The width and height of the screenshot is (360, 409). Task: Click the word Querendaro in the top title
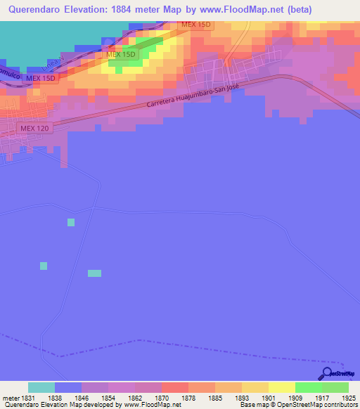[34, 9]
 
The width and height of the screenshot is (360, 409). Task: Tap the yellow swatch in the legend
[282, 387]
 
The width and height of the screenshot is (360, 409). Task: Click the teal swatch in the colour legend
[41, 387]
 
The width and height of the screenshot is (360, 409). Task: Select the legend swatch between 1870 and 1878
[174, 387]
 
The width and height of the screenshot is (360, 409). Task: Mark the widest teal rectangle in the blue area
[94, 273]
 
